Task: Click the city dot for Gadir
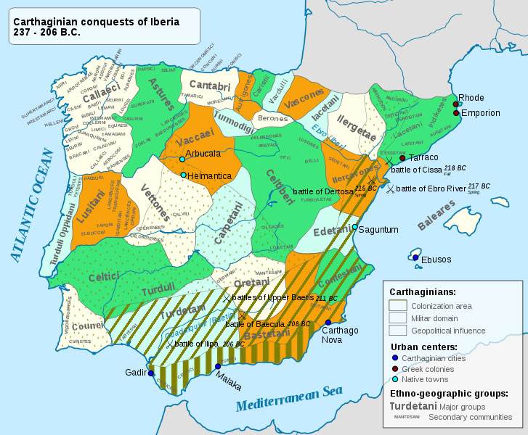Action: point(151,373)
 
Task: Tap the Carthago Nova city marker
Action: point(328,323)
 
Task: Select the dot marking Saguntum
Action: point(354,227)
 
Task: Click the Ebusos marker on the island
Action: point(415,257)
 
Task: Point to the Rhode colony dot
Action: point(455,104)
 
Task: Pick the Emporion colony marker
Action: point(455,113)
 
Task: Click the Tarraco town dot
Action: point(402,157)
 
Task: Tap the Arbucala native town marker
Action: point(182,159)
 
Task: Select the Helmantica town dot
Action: point(183,175)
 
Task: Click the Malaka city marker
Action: point(218,366)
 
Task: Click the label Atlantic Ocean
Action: point(29,205)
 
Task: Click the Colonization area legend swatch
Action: point(398,305)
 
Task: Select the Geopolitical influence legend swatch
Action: point(398,331)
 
